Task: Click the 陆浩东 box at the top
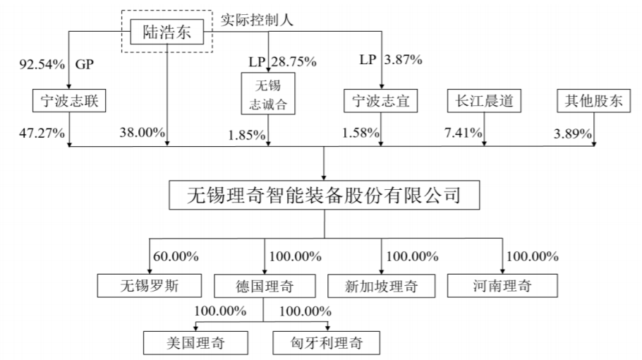167,32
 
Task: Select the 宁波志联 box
69,100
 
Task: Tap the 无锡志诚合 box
268,94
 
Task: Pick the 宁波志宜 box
381,101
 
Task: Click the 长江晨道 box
485,101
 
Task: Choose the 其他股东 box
594,101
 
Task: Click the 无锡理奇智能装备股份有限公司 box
325,195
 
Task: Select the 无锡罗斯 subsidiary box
150,285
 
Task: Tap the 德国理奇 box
265,286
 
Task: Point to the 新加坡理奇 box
382,286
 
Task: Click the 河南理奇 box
502,285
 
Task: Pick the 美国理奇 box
195,343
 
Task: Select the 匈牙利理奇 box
327,343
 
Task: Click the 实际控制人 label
257,20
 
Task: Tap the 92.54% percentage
42,64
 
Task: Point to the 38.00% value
142,132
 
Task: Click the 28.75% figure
293,62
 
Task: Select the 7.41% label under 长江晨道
463,133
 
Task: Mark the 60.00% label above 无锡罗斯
176,256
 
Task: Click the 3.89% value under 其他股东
572,133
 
